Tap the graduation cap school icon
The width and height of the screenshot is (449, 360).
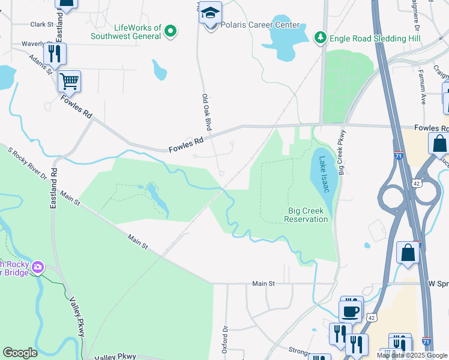[x=210, y=13]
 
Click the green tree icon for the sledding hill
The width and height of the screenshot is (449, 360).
[x=321, y=38]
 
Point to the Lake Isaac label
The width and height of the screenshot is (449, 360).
[x=324, y=174]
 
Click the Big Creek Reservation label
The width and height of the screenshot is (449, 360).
[x=308, y=215]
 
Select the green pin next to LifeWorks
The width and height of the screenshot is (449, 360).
[x=170, y=31]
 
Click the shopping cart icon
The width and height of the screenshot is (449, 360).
[x=70, y=80]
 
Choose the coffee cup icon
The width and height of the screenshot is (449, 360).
[x=351, y=311]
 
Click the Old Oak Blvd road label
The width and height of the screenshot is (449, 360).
[x=206, y=113]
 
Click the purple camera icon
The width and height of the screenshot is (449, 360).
[x=38, y=266]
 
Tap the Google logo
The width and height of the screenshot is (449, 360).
[x=20, y=353]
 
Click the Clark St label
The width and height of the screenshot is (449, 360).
[x=42, y=25]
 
